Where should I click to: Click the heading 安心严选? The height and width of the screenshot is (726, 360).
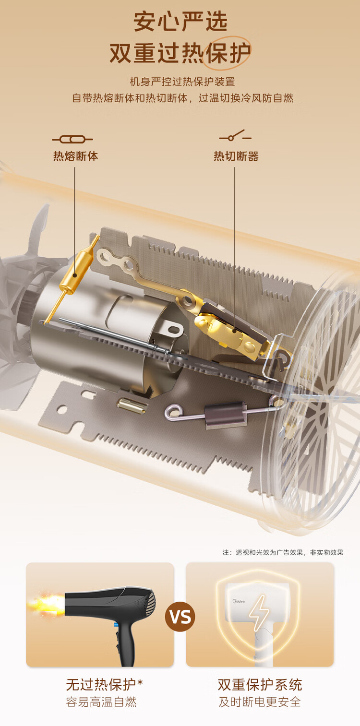180,22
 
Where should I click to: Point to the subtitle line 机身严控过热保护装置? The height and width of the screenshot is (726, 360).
182,82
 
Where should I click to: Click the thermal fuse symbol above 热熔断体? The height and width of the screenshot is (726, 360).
72,139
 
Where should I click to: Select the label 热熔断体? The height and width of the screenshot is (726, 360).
75,156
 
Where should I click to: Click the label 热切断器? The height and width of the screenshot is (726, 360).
236,156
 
